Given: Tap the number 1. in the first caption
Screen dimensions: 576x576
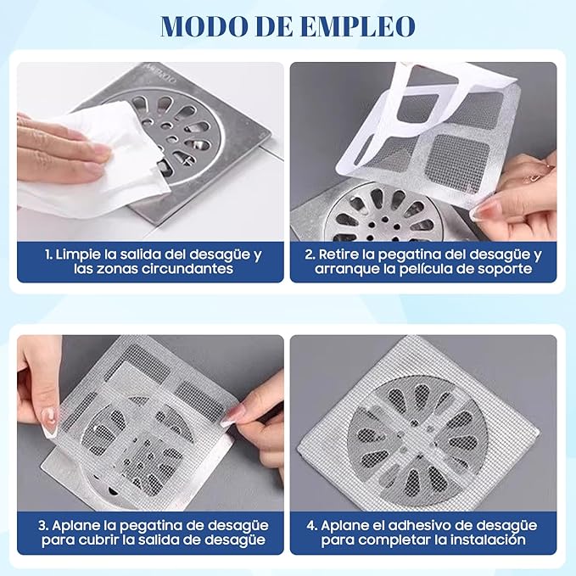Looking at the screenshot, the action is (x=48, y=254).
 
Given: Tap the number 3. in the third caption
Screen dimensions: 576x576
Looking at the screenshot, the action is (x=43, y=526).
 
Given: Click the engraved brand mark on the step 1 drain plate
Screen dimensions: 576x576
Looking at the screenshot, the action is (x=162, y=74).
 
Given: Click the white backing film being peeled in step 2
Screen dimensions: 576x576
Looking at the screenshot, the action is (x=422, y=107).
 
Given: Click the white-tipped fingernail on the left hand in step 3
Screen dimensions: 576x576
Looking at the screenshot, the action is (x=49, y=422).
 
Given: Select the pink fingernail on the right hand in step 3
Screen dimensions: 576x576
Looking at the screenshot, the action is (x=232, y=417).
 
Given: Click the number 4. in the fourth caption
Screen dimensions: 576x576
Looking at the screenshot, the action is (x=312, y=526).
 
